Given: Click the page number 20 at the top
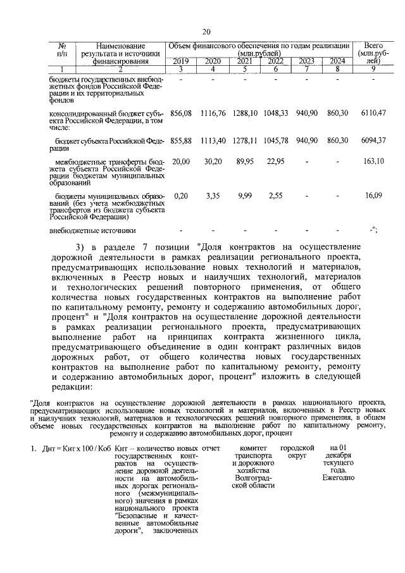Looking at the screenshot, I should pos(206,32).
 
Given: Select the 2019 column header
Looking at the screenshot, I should pos(180,61).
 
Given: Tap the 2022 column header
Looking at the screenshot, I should pos(275,61).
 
